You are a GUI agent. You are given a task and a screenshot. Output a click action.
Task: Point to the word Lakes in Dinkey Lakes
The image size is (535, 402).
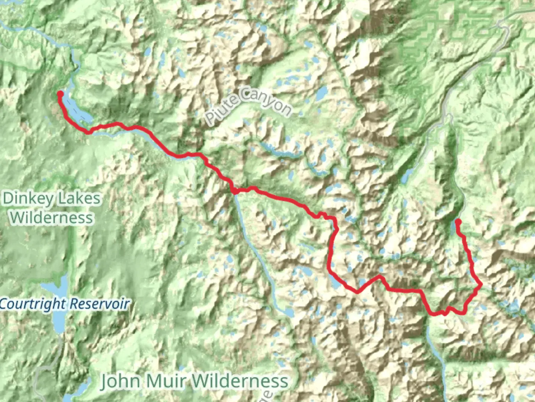pyautogui.click(x=79, y=199)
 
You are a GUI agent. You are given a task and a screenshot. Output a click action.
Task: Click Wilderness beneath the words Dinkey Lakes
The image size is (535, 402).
pyautogui.click(x=52, y=217)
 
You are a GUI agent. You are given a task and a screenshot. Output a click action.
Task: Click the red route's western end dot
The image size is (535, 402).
pyautogui.click(x=59, y=94)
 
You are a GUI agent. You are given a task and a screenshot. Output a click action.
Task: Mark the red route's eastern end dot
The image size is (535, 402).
pyautogui.click(x=458, y=222)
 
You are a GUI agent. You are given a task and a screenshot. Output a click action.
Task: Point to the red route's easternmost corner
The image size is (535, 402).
pyautogui.click(x=481, y=285)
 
